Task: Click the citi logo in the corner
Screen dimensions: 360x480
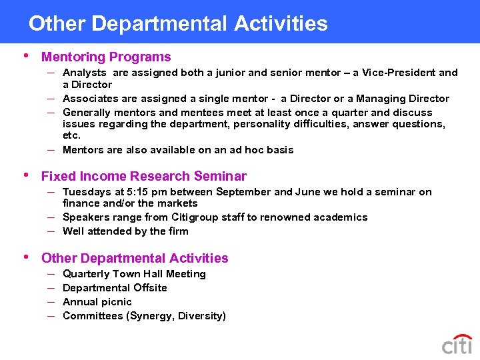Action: [x=457, y=344]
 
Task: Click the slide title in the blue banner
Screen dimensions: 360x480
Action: [x=178, y=24]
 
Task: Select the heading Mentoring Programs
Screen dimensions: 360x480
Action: [x=106, y=57]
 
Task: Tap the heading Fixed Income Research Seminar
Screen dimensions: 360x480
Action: [x=143, y=177]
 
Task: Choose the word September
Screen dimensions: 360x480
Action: [x=244, y=192]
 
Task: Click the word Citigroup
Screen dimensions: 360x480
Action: [x=196, y=217]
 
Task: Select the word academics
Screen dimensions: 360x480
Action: [x=339, y=217]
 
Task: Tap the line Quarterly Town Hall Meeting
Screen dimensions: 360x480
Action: [x=134, y=274]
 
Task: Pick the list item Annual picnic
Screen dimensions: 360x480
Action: [x=97, y=302]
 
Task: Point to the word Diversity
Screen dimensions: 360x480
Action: [x=201, y=316]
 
